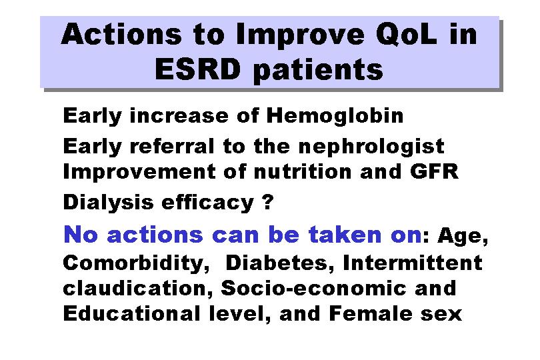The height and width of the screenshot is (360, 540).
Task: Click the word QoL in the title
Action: pos(407,35)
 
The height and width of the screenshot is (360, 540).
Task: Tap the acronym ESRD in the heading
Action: pos(198,69)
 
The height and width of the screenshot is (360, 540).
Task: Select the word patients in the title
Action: pos(318,71)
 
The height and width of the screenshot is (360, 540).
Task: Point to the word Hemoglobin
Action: pos(335,115)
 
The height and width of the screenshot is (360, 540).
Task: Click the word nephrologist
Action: pos(371,147)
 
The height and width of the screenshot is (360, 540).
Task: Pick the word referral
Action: pos(172,146)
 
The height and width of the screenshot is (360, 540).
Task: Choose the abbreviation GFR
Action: pos(434,171)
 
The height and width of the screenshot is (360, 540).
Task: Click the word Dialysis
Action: pos(108,202)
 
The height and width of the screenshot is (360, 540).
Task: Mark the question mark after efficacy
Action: pos(267,201)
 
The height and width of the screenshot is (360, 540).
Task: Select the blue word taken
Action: pos(345,235)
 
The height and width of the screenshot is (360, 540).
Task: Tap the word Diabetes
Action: pos(279,263)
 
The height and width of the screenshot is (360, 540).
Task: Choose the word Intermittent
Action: pos(413,263)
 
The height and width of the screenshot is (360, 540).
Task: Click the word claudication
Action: pos(138,288)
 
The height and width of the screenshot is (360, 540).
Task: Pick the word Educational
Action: pos(131,313)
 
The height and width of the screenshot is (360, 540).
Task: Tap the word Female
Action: pos(371,313)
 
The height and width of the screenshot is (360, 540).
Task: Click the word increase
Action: pos(179,115)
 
